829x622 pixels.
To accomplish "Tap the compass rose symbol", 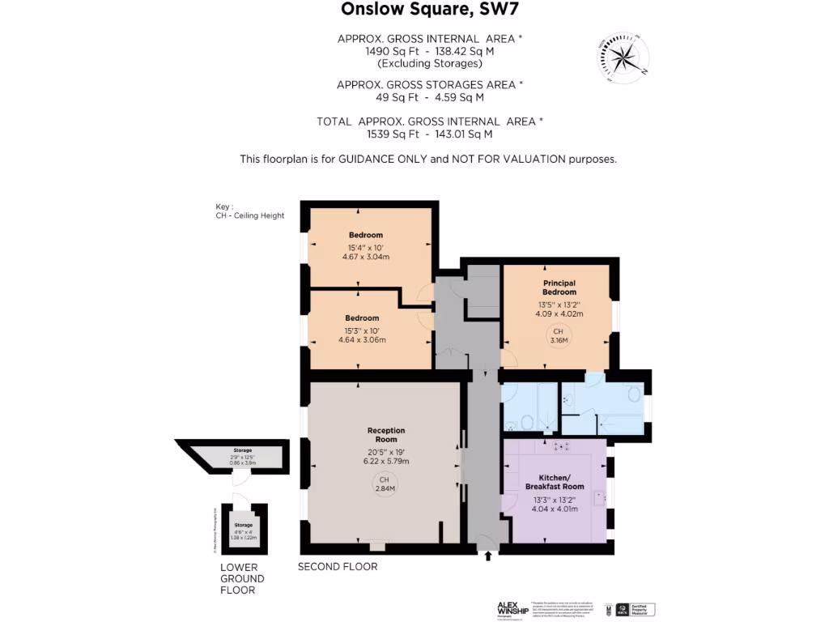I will (624, 57).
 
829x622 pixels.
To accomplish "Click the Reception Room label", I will (385, 435).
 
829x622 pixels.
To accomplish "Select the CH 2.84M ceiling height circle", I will (385, 484).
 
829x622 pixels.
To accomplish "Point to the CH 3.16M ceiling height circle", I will (559, 336).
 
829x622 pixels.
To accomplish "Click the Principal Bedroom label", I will (559, 288).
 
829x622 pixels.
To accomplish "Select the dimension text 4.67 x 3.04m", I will (366, 258).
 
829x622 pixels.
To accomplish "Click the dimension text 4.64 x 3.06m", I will (362, 340).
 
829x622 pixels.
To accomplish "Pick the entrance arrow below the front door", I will (487, 556).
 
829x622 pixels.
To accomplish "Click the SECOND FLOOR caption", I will (338, 567).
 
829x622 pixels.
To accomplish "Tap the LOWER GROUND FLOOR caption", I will (242, 579).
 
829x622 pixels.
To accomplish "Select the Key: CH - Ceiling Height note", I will (244, 211).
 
